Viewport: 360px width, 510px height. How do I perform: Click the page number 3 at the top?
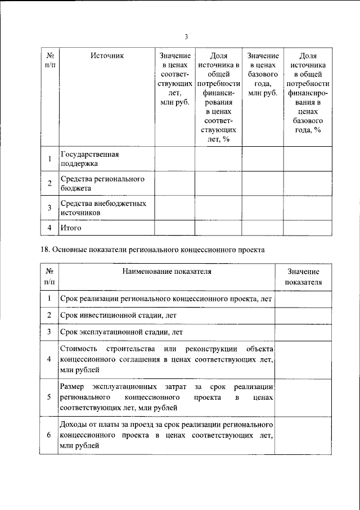pyautogui.click(x=186, y=37)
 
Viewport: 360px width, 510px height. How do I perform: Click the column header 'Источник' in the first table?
pyautogui.click(x=106, y=56)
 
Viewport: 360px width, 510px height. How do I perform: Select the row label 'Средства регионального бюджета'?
pyautogui.click(x=102, y=184)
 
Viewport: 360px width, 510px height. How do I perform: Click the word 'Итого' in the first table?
pyautogui.click(x=71, y=228)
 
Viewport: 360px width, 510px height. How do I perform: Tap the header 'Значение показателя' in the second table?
pyautogui.click(x=303, y=277)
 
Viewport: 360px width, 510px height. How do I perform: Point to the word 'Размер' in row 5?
pyautogui.click(x=72, y=386)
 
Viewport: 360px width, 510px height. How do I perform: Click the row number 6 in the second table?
pyautogui.click(x=49, y=435)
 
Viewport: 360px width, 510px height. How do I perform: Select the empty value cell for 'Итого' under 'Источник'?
pyautogui.click(x=174, y=228)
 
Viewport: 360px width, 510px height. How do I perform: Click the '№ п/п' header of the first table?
pyautogui.click(x=49, y=61)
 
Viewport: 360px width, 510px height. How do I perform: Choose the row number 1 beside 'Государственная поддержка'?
pyautogui.click(x=49, y=159)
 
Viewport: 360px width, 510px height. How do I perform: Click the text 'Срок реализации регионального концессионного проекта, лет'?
pyautogui.click(x=166, y=299)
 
